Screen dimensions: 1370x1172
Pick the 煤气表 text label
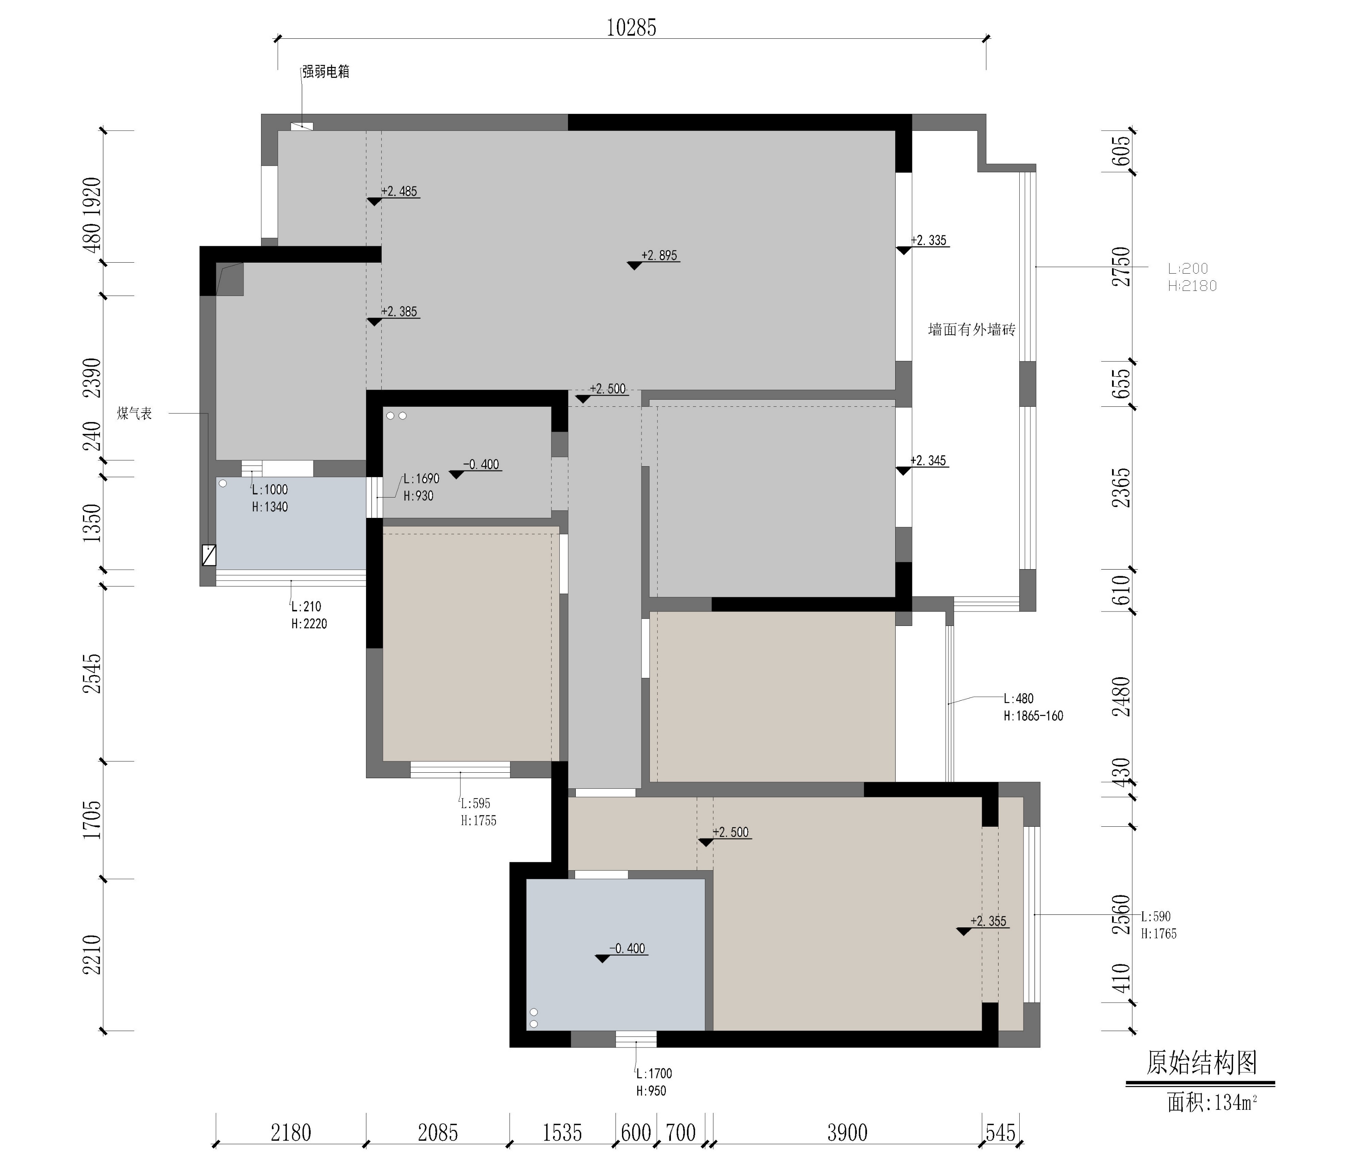(135, 413)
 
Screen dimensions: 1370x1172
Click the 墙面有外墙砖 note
(971, 329)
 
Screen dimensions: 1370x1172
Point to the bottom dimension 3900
(847, 1132)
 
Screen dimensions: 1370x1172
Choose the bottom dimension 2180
(291, 1132)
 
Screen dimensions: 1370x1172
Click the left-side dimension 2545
(92, 673)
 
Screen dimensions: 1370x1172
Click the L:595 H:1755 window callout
(478, 811)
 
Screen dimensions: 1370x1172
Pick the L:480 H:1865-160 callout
(1033, 707)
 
